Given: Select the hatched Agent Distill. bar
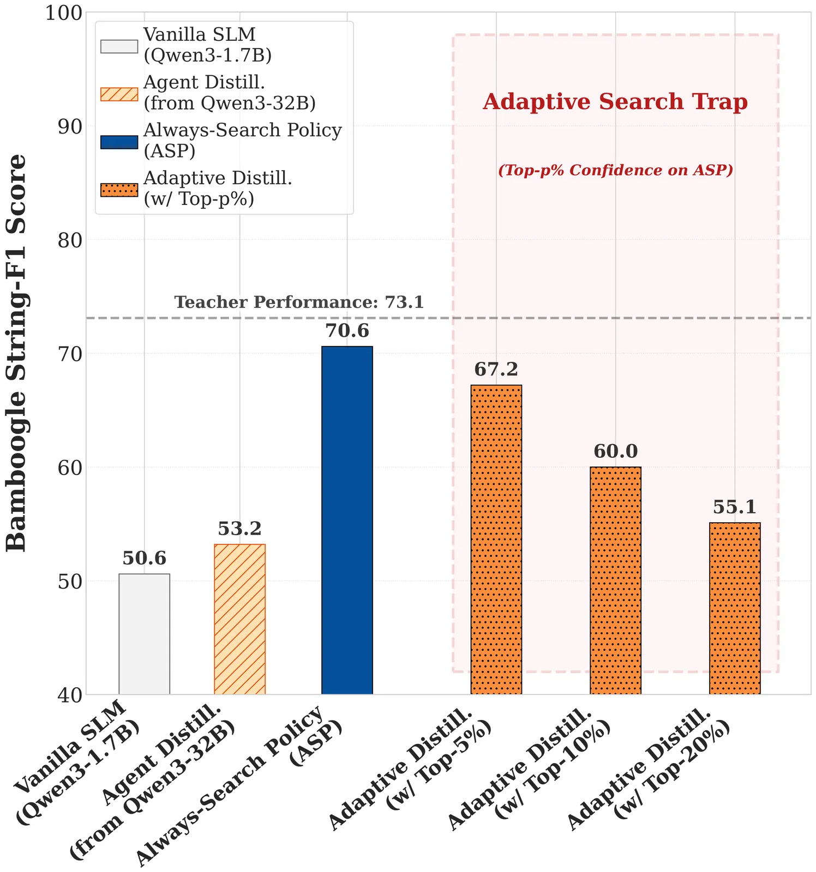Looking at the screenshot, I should point(239,619).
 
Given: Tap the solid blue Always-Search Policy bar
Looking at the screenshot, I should point(347,520).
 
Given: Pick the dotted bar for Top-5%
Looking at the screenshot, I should point(496,540).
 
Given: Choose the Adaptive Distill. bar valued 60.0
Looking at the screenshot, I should point(615,580).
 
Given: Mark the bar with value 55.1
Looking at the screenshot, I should point(735,608).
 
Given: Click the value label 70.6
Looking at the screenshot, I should point(347,331).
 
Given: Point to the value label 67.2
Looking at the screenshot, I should point(496,370).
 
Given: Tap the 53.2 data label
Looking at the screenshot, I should point(239,529).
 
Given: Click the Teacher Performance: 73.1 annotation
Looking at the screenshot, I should point(299,302).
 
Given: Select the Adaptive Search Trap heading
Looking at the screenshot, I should point(615,102).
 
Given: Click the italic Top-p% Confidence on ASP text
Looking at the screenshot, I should point(615,171).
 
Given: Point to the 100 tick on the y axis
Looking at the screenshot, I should point(63,13).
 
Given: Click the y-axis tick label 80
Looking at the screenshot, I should point(70,240).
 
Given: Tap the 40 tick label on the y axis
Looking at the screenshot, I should point(70,695).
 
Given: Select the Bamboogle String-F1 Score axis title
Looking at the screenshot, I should point(16,353).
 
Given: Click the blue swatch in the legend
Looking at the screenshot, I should point(119,142).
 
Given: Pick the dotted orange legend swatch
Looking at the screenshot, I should point(119,190).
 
